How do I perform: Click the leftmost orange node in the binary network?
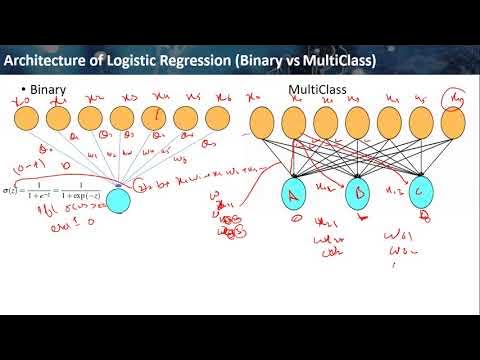pyautogui.click(x=29, y=121)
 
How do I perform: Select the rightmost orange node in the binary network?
pyautogui.click(x=217, y=121)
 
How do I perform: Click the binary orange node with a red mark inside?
pyautogui.click(x=155, y=121)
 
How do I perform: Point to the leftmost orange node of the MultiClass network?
pyautogui.click(x=263, y=122)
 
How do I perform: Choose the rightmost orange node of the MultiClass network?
pyautogui.click(x=452, y=122)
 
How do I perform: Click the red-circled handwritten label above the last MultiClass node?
pyautogui.click(x=454, y=95)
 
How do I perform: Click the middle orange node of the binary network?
pyautogui.click(x=123, y=121)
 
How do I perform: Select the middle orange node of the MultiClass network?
pyautogui.click(x=357, y=122)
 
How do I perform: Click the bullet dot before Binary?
pyautogui.click(x=23, y=91)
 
